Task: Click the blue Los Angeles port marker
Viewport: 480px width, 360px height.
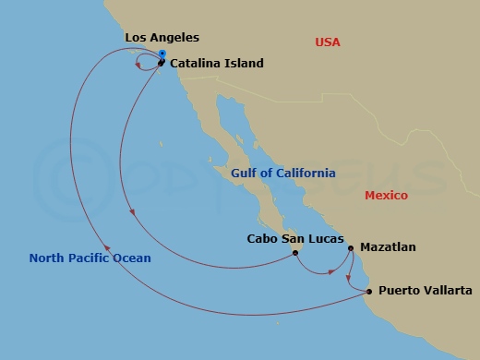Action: click(x=162, y=54)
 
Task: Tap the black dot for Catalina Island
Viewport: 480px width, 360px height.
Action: click(x=161, y=63)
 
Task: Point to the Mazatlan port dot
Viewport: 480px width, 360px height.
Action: click(x=351, y=247)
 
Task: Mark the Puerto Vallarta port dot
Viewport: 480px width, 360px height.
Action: click(x=370, y=292)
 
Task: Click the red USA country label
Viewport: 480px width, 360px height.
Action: click(x=328, y=42)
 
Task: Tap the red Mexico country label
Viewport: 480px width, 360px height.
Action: click(x=386, y=196)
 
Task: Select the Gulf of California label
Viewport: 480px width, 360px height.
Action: click(x=283, y=173)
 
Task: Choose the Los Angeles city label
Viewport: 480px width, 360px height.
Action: click(x=162, y=38)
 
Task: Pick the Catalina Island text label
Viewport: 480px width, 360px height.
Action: click(x=217, y=64)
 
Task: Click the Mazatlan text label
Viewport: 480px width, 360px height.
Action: click(x=389, y=247)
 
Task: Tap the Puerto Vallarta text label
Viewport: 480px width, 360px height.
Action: click(x=426, y=291)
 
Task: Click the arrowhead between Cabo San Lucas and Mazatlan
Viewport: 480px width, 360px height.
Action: click(x=330, y=271)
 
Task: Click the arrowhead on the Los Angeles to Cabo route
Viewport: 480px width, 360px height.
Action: click(x=135, y=213)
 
